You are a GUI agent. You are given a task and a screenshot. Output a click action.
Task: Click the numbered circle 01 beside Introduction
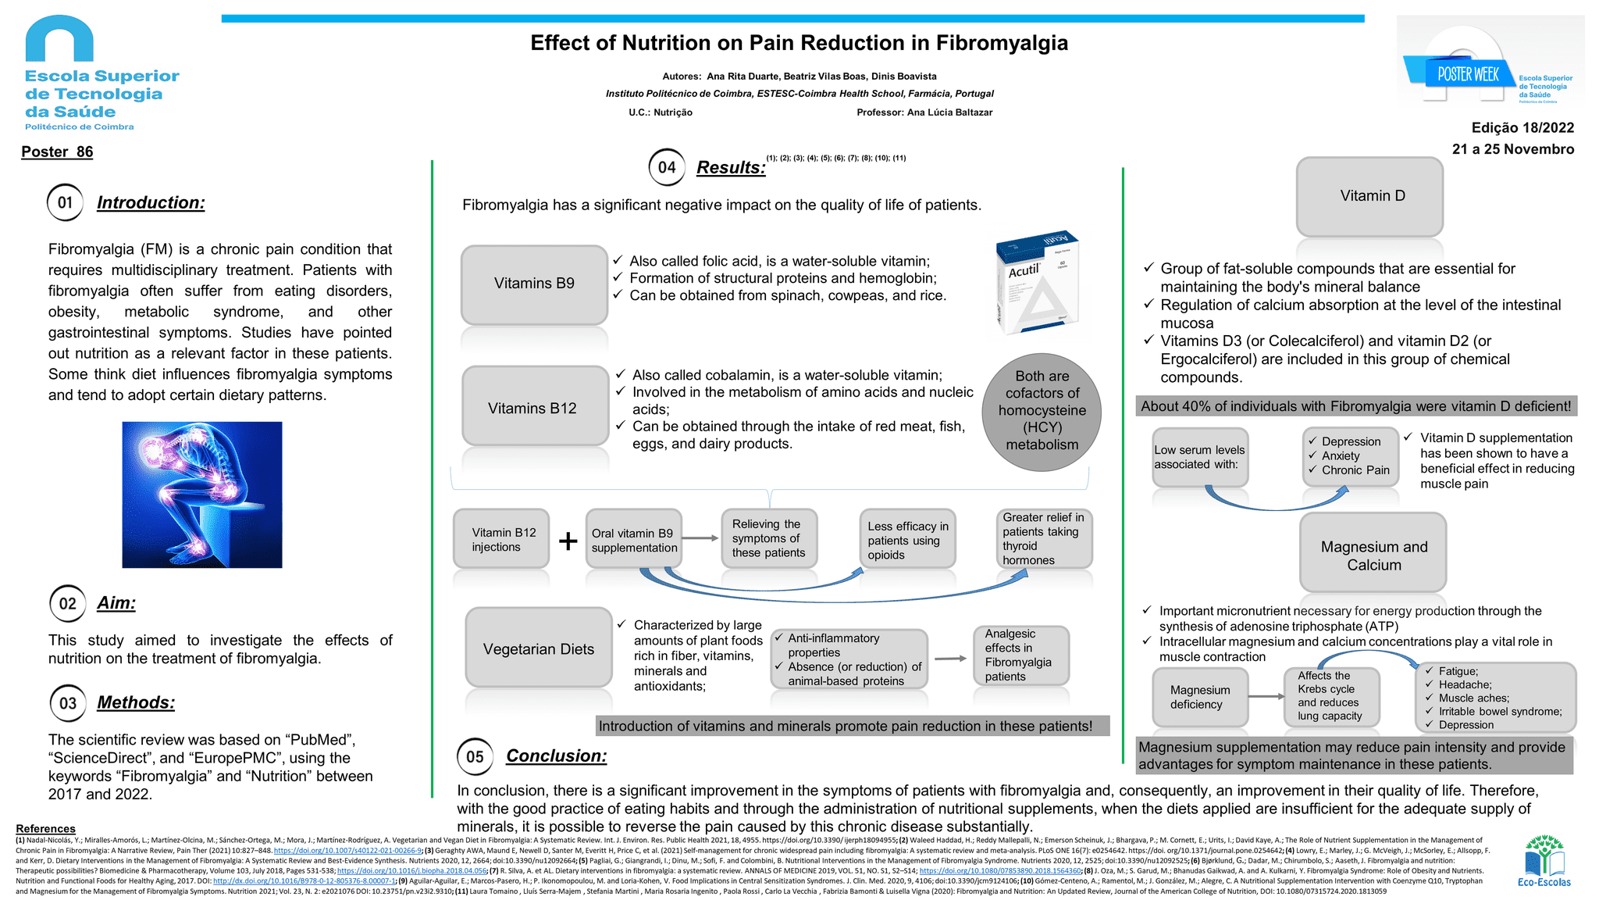click(x=66, y=203)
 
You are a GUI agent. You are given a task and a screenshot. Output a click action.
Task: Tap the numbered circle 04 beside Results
click(x=667, y=167)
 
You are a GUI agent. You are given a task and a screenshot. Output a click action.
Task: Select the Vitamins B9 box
click(x=534, y=284)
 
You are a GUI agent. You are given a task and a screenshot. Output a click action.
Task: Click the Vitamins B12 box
click(x=534, y=407)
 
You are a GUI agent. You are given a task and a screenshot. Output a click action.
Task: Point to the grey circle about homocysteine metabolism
click(x=1042, y=411)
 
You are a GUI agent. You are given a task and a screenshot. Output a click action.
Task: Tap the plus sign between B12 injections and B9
click(x=568, y=541)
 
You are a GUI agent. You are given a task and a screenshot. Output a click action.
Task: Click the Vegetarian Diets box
click(x=539, y=648)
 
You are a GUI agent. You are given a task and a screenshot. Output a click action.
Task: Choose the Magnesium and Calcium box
click(x=1373, y=555)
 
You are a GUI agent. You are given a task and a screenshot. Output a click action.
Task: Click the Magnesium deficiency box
click(x=1199, y=697)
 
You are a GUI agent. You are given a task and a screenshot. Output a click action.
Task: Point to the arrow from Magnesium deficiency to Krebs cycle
click(x=1266, y=696)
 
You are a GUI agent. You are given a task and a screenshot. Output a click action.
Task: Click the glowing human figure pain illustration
click(x=202, y=495)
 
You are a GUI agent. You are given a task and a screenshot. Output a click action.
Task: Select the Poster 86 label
click(x=57, y=152)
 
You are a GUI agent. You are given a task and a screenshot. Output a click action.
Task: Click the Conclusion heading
click(x=556, y=755)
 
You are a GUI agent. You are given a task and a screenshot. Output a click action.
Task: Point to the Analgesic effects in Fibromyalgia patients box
click(x=1020, y=655)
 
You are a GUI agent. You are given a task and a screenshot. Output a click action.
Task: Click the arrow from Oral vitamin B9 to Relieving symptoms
click(x=701, y=538)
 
